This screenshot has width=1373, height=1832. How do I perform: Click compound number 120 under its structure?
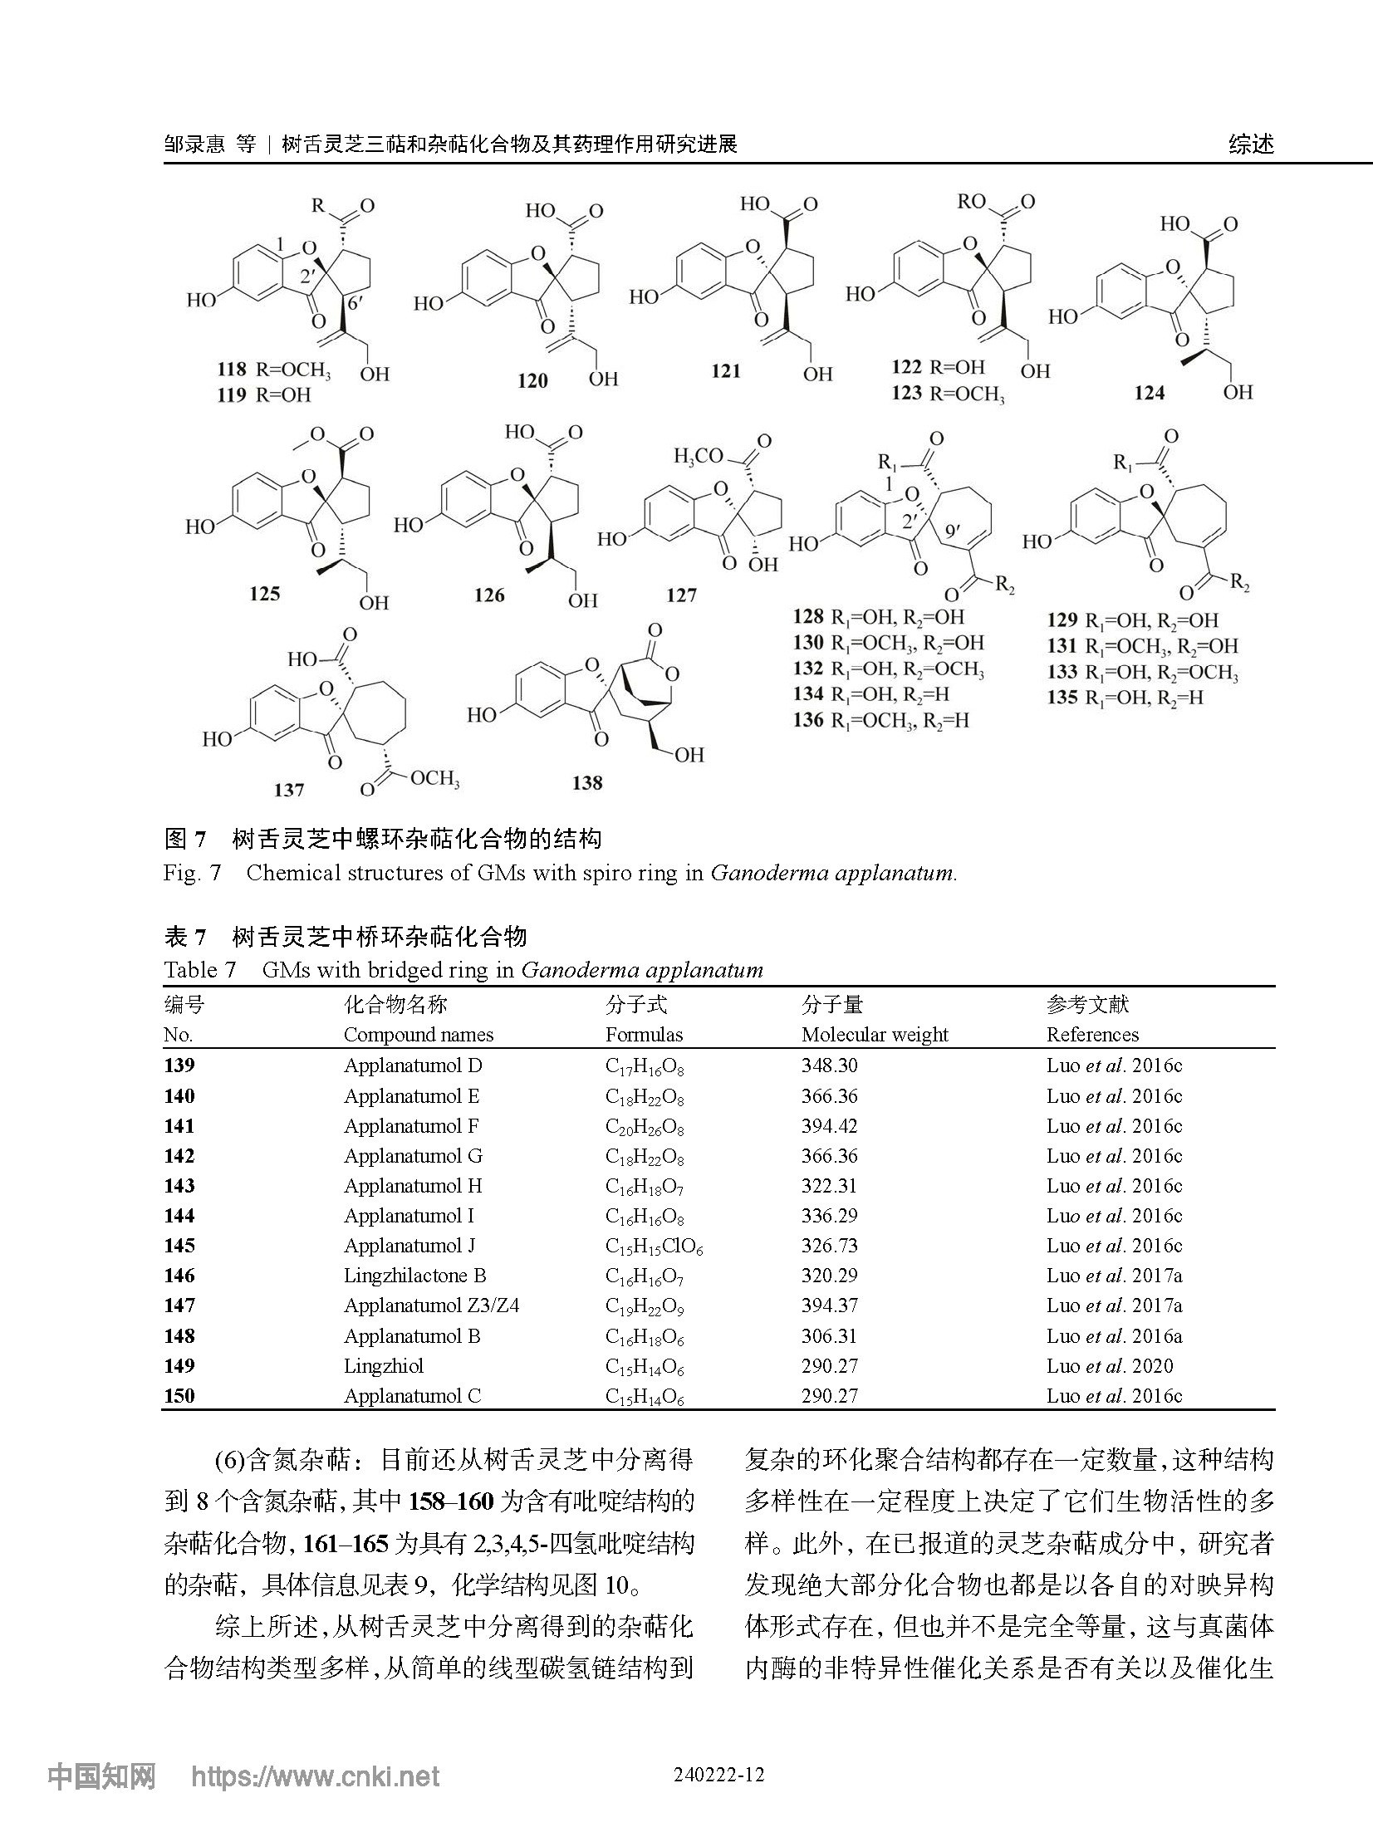532,380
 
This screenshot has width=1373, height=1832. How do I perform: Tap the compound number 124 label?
1150,393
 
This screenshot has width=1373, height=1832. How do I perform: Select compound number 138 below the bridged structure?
587,782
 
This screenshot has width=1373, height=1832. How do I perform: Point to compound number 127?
681,595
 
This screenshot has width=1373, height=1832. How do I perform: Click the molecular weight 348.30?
829,1065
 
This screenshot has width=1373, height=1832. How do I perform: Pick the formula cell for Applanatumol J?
654,1246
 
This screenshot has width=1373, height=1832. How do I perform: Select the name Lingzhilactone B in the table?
414,1276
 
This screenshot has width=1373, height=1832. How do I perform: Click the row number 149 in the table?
179,1366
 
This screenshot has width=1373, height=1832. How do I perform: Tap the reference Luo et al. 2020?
1110,1366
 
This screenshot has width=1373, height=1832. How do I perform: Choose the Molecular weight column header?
875,1035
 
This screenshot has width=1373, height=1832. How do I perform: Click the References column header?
1092,1035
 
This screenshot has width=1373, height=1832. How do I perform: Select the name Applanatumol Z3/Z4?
431,1305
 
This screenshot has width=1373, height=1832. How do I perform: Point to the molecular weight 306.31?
829,1336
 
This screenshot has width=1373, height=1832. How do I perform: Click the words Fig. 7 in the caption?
193,873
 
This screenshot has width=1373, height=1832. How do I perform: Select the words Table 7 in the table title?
200,970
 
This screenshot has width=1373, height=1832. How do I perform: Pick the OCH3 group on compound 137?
434,778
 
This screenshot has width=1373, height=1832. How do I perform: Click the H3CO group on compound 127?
699,456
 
